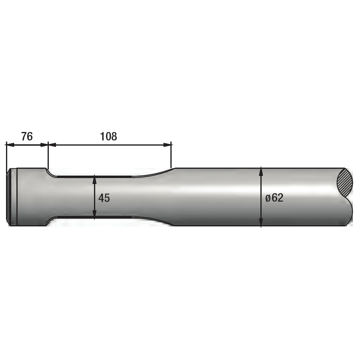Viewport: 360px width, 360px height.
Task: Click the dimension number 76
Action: point(27,136)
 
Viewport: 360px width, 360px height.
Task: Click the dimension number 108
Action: point(108,136)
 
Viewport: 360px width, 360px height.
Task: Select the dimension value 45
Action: point(104,198)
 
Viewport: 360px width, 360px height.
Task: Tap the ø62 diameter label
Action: point(274,198)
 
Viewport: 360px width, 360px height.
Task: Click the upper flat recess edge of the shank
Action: point(94,176)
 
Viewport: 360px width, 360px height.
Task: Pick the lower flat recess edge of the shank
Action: point(94,217)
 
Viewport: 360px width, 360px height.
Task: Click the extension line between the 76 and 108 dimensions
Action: point(48,156)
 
